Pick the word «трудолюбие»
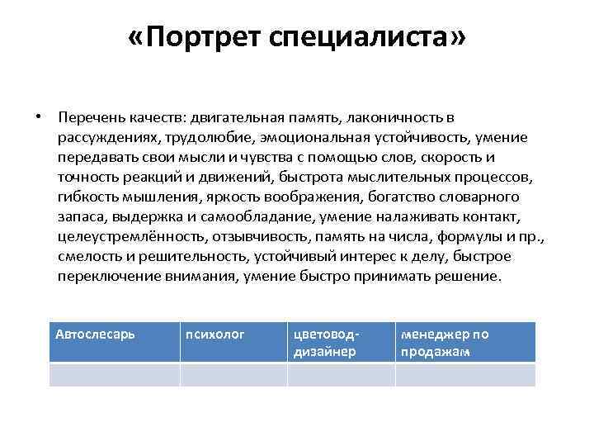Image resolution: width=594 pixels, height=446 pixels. coord(205,136)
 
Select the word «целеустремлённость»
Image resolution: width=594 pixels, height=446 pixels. coord(113,237)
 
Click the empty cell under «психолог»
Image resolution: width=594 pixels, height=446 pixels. coord(233,375)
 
